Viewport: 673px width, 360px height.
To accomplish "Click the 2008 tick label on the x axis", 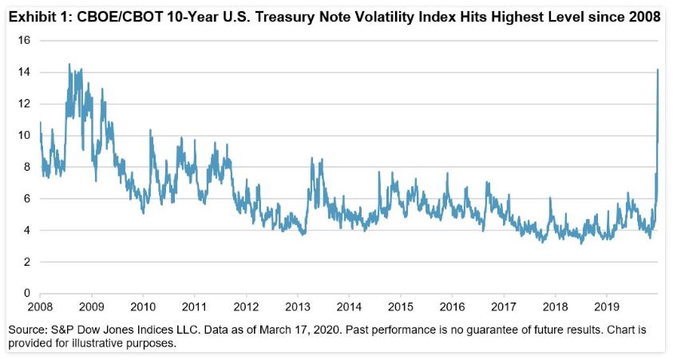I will [x=40, y=307].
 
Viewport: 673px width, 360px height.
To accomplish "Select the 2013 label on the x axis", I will [x=298, y=307].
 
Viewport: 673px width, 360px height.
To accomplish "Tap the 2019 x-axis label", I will [x=607, y=307].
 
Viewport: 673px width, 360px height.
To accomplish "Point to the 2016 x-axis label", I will [x=452, y=307].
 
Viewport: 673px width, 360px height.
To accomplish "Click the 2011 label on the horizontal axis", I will [x=195, y=307].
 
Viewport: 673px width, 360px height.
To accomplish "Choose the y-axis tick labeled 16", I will [x=24, y=40].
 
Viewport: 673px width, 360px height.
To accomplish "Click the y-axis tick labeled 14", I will [x=24, y=72].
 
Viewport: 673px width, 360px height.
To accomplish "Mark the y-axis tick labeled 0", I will [x=27, y=294].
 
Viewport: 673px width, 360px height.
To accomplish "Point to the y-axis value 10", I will [x=24, y=136].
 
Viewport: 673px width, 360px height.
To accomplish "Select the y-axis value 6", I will [x=27, y=199].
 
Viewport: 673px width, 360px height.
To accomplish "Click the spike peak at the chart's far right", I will [x=657, y=69].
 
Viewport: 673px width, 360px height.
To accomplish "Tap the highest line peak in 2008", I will [x=69, y=65].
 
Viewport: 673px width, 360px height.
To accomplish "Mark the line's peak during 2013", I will [x=321, y=160].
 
